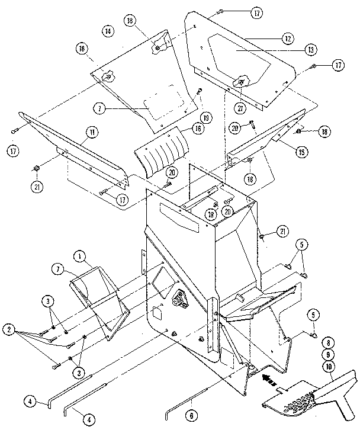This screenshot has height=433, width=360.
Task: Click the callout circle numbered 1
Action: (x=79, y=256)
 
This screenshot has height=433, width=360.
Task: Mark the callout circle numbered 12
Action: (x=288, y=39)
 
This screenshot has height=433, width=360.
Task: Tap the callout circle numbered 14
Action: (x=107, y=30)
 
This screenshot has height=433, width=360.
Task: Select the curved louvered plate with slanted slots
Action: (x=160, y=152)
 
